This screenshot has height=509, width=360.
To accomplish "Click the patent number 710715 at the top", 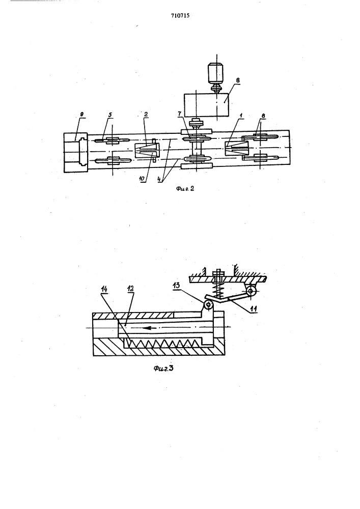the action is (180, 15).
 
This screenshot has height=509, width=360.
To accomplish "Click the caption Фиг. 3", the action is (163, 368).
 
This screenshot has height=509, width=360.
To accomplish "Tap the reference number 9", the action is (82, 114).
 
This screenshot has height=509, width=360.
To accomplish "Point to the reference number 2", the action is (146, 114).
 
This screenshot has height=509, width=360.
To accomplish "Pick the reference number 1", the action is (240, 116).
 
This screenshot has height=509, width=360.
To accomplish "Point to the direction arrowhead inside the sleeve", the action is (147, 327).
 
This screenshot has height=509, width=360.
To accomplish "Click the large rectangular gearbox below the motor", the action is (206, 105).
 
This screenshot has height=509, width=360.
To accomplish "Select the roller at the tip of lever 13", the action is (208, 305).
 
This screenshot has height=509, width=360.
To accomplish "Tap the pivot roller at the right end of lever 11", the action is (250, 291).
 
